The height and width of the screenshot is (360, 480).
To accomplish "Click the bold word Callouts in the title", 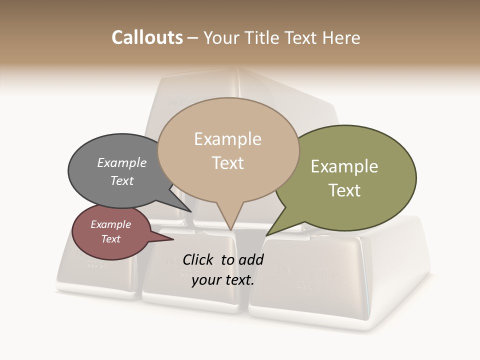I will [x=147, y=37].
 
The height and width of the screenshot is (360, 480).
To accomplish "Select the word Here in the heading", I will [x=341, y=37].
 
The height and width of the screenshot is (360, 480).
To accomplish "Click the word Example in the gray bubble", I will [x=122, y=162].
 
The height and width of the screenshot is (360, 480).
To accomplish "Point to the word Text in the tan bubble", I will [x=228, y=163].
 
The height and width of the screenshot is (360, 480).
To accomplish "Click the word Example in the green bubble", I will [x=344, y=166].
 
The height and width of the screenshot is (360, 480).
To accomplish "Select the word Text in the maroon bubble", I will [x=111, y=239].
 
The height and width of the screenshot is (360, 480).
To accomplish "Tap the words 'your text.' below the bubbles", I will [x=223, y=280].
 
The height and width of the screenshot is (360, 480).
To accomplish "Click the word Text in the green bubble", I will [x=344, y=190].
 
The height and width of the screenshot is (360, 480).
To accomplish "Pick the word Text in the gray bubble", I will [x=122, y=180].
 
